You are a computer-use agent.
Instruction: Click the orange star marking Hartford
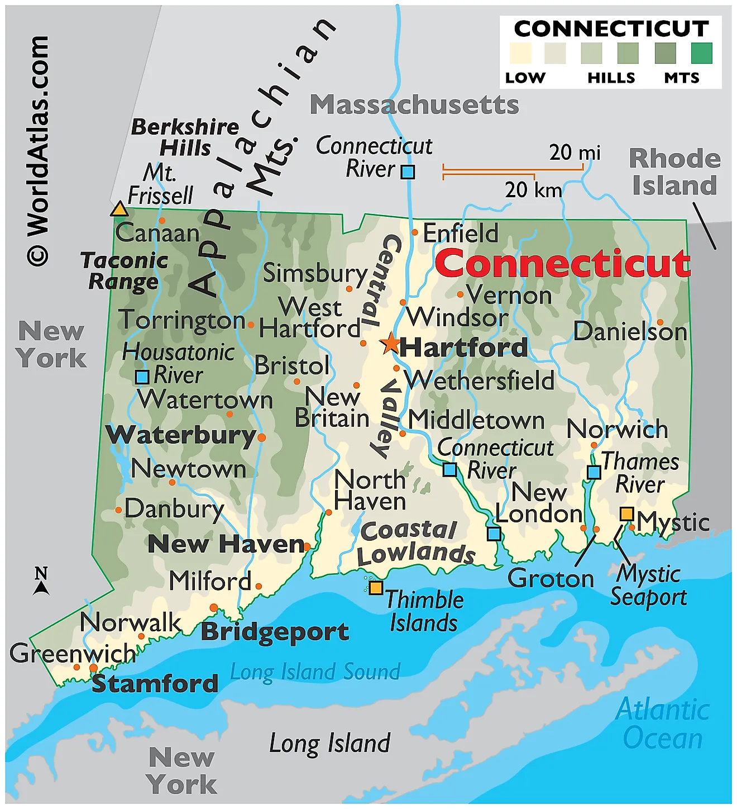click(x=391, y=343)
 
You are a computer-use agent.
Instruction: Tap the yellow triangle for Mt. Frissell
click(x=119, y=210)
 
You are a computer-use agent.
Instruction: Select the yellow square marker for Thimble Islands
click(x=376, y=588)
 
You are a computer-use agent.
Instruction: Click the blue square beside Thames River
click(x=594, y=473)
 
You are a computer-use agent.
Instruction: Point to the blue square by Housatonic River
click(x=142, y=377)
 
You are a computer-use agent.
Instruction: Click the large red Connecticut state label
click(x=562, y=263)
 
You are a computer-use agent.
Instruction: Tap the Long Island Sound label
click(x=315, y=672)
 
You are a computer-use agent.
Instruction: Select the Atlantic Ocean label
click(x=663, y=724)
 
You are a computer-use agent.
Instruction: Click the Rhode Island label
click(x=674, y=172)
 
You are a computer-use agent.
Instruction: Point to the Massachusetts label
click(x=414, y=104)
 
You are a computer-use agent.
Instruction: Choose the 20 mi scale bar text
click(x=575, y=152)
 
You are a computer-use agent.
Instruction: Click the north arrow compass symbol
click(x=41, y=582)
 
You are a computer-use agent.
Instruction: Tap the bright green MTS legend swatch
click(x=701, y=53)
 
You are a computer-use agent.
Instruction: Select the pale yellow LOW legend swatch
click(x=520, y=53)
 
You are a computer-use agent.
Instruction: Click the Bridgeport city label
click(x=275, y=631)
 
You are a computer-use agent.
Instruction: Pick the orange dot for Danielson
click(x=660, y=322)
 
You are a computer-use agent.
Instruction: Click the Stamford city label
click(x=155, y=683)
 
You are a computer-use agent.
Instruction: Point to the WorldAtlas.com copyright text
click(x=38, y=151)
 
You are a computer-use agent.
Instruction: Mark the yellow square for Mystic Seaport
click(x=627, y=514)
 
